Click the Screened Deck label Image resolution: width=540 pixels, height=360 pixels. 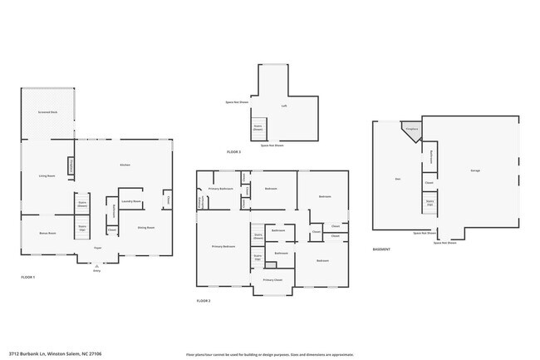pyautogui.click(x=47, y=111)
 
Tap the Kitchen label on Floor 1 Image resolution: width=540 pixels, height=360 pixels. pyautogui.click(x=125, y=165)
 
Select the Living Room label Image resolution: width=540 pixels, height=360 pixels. pyautogui.click(x=47, y=176)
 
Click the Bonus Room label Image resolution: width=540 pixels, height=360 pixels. pyautogui.click(x=47, y=233)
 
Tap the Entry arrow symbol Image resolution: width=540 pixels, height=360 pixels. pyautogui.click(x=97, y=265)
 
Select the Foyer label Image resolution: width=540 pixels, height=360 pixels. pyautogui.click(x=97, y=247)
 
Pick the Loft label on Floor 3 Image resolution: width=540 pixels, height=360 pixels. pyautogui.click(x=283, y=106)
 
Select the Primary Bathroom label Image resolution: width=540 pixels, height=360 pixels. pyautogui.click(x=220, y=189)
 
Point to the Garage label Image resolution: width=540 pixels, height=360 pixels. pyautogui.click(x=475, y=170)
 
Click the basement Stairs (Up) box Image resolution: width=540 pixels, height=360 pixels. pyautogui.click(x=430, y=202)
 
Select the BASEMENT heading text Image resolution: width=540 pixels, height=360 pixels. pyautogui.click(x=381, y=249)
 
